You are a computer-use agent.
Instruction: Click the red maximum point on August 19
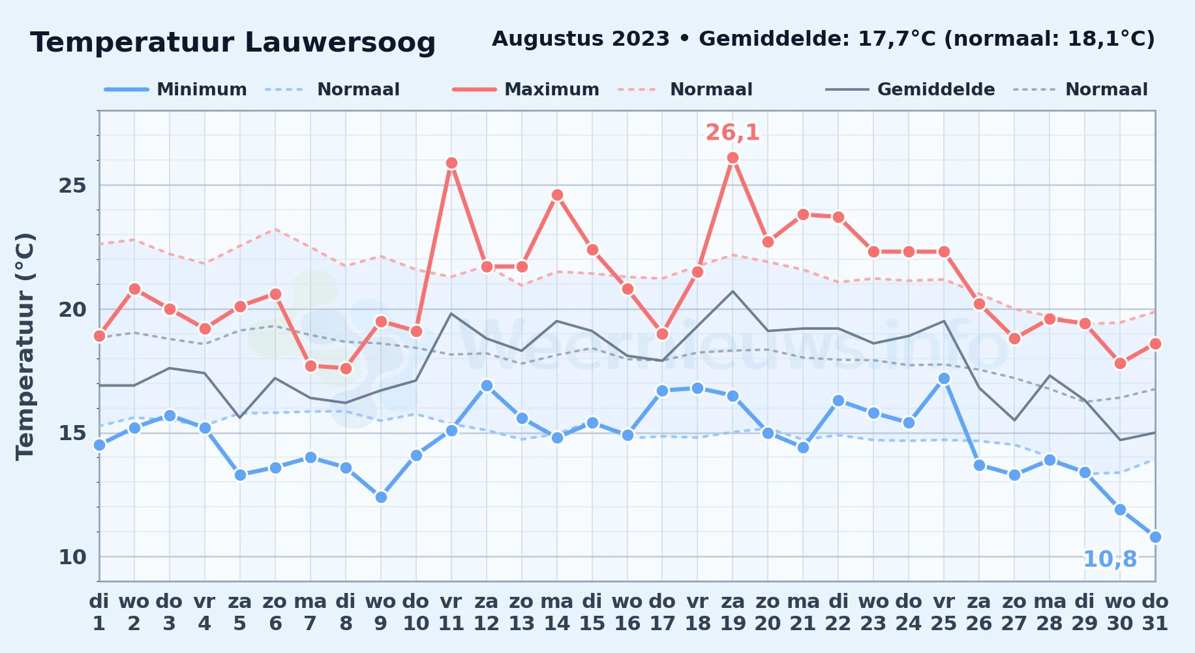pyautogui.click(x=733, y=158)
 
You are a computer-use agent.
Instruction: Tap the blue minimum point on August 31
pyautogui.click(x=1155, y=537)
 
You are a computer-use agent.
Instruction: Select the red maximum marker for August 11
pyautogui.click(x=451, y=163)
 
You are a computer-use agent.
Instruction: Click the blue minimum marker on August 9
pyautogui.click(x=381, y=497)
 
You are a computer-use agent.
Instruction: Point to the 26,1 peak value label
pyautogui.click(x=733, y=133)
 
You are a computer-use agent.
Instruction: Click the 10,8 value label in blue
pyautogui.click(x=1110, y=560)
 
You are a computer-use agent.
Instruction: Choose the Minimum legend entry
pyautogui.click(x=176, y=89)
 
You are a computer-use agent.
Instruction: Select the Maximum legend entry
pyautogui.click(x=526, y=89)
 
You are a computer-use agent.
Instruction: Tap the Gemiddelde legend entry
pyautogui.click(x=911, y=89)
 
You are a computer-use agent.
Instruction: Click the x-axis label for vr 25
pyautogui.click(x=944, y=613)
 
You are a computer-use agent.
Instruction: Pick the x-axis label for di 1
pyautogui.click(x=99, y=613)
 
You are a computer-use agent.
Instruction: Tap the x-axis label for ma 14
pyautogui.click(x=557, y=613)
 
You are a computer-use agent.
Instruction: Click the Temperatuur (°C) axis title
pyautogui.click(x=25, y=346)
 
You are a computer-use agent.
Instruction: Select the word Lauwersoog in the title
pyautogui.click(x=340, y=43)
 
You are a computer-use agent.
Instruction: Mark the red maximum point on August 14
pyautogui.click(x=557, y=195)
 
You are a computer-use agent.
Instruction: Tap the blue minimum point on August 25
pyautogui.click(x=944, y=378)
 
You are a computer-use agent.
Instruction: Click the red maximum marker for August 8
pyautogui.click(x=346, y=368)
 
